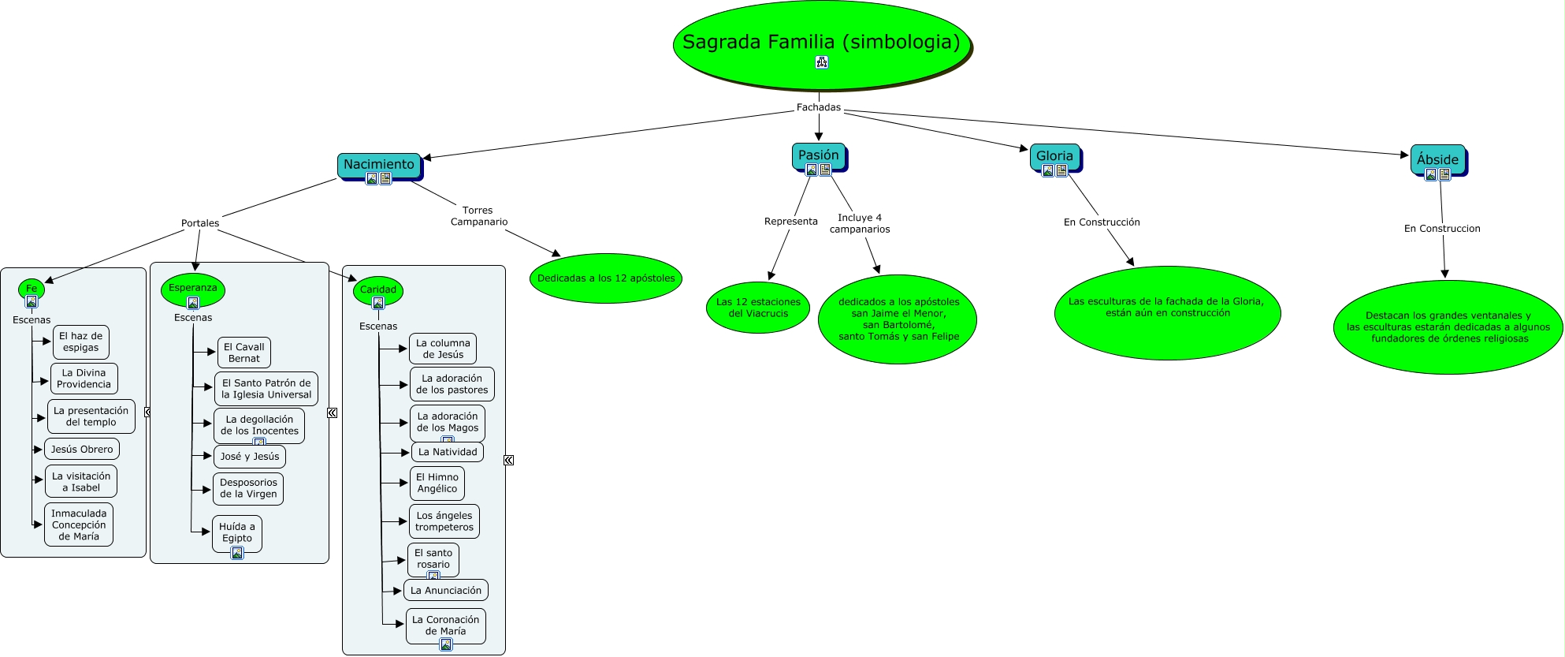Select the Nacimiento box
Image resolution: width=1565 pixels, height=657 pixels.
click(379, 165)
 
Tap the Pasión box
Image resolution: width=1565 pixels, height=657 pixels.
click(819, 155)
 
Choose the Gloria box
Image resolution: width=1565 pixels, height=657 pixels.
click(1054, 156)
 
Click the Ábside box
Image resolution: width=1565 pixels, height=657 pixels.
click(1437, 159)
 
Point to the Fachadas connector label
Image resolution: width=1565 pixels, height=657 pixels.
click(819, 107)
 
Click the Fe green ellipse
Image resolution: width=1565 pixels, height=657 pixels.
click(32, 289)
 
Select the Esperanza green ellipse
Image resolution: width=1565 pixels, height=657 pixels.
click(193, 289)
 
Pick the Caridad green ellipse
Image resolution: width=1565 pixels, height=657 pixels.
click(378, 290)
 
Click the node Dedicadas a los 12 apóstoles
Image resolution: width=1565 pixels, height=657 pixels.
click(606, 278)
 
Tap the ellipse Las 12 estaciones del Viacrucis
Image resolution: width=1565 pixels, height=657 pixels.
click(758, 308)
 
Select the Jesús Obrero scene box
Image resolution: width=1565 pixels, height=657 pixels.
click(82, 450)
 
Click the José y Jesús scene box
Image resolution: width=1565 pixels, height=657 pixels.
click(250, 457)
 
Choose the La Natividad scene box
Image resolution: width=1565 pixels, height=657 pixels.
click(448, 452)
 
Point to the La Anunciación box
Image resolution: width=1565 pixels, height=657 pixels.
click(446, 591)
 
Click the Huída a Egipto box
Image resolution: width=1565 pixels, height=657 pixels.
click(237, 532)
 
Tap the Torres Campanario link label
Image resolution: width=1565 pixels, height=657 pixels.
click(478, 216)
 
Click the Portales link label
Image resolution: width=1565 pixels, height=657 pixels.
click(200, 223)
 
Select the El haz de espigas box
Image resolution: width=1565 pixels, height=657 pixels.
click(81, 342)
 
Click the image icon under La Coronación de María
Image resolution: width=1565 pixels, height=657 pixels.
click(446, 644)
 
